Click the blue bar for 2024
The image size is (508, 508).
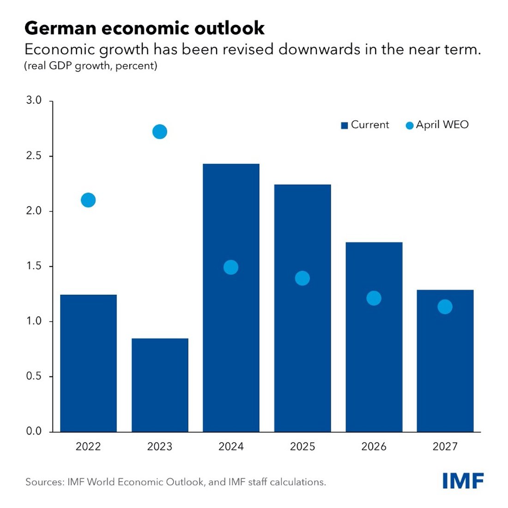pos(231,323)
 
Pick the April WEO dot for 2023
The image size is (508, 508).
pos(159,132)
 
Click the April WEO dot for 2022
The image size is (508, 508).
pos(88,200)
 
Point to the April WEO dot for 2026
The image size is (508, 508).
pos(374,298)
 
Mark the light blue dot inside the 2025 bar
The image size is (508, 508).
pos(302,278)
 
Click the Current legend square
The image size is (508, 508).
pos(344,126)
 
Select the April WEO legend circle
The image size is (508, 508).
pos(409,126)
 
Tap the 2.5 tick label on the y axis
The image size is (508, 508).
pos(34,156)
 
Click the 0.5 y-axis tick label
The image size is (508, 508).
pos(34,376)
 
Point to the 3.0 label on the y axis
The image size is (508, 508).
pos(34,101)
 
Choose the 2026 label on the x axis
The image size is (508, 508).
pos(374,447)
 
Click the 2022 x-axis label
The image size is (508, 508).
pos(88,447)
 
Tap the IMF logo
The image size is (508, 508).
pos(463,481)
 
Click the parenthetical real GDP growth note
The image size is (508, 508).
pos(91,66)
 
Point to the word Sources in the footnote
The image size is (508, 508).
pos(44,482)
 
